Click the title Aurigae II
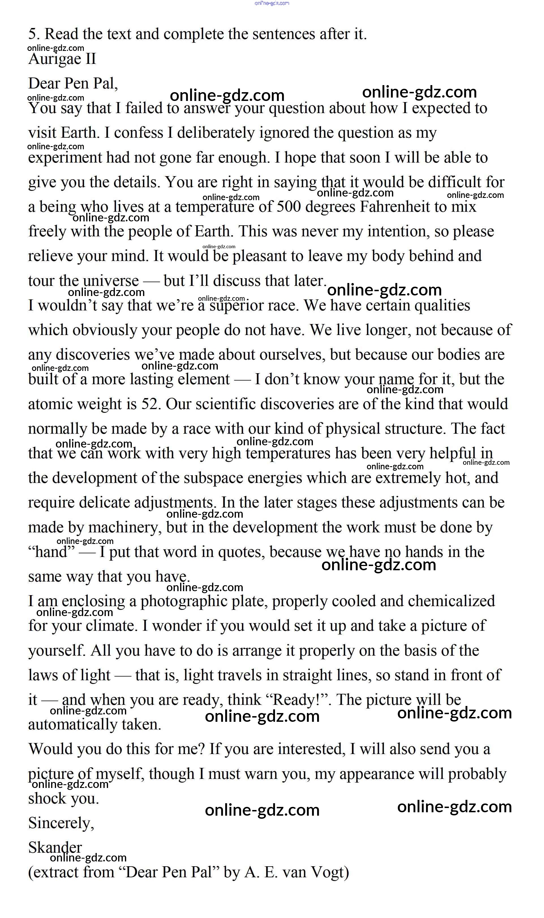click(62, 59)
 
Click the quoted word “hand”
click(51, 552)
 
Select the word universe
click(111, 281)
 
